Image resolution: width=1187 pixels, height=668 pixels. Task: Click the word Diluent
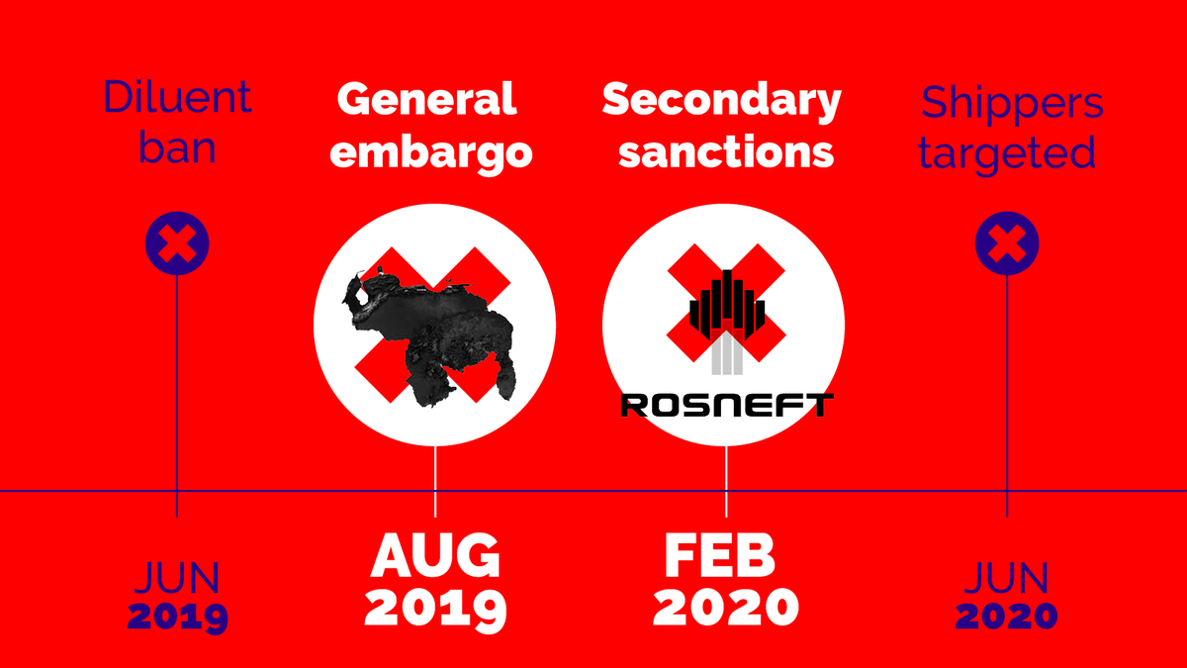178,98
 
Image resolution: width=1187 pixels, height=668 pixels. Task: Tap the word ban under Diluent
178,147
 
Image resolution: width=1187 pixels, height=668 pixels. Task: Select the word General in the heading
426,99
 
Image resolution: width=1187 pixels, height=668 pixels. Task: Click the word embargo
435,152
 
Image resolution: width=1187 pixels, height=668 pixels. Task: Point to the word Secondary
722,101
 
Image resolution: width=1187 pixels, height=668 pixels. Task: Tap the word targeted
1007,152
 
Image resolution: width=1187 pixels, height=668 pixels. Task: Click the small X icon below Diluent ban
177,242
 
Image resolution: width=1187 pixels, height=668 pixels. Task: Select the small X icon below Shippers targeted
1007,242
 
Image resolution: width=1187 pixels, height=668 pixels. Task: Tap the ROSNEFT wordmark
727,404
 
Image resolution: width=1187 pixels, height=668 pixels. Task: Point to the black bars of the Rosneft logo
727,302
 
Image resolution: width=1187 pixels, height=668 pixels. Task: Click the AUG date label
435,558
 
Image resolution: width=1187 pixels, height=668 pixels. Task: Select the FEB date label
719,558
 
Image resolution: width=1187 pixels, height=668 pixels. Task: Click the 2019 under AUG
435,609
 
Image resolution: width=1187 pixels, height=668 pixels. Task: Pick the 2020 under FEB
725,606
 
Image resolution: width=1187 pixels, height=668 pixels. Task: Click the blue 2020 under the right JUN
1006,617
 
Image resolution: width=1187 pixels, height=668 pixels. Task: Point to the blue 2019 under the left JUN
178,617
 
